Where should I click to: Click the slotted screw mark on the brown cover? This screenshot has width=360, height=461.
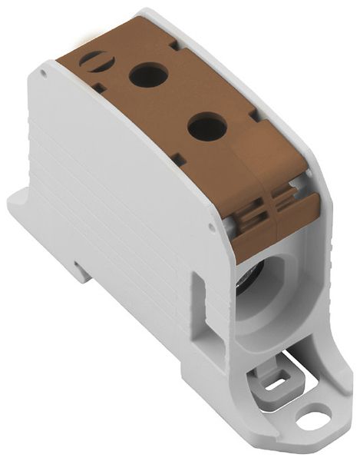tap(95, 59)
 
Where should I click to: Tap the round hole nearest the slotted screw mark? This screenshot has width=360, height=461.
tap(148, 75)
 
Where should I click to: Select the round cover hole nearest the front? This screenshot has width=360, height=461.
tap(207, 126)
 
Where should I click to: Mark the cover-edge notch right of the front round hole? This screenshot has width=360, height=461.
tap(253, 116)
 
